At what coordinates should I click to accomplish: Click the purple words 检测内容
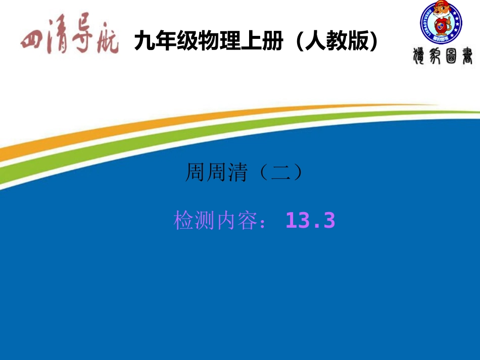pyautogui.click(x=215, y=221)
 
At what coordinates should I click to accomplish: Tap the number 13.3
pyautogui.click(x=310, y=221)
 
